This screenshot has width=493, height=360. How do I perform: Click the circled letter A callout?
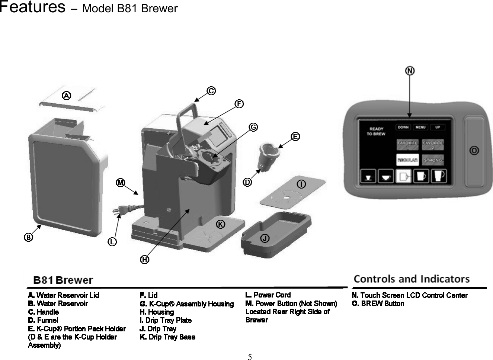pyautogui.click(x=66, y=96)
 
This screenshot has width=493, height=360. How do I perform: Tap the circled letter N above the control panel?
pyautogui.click(x=410, y=71)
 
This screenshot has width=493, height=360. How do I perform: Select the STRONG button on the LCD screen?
pyautogui.click(x=433, y=160)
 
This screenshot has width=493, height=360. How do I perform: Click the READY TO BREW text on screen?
pyautogui.click(x=376, y=131)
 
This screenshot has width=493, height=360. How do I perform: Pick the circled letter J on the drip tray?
pyautogui.click(x=265, y=238)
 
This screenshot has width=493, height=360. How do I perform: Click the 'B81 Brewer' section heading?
pyautogui.click(x=63, y=280)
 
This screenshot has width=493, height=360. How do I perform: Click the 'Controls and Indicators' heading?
pyautogui.click(x=411, y=279)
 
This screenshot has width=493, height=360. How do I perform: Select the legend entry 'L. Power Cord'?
pyautogui.click(x=268, y=295)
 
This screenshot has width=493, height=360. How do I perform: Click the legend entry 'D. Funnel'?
pyautogui.click(x=43, y=320)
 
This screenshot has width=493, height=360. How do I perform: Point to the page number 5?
pyautogui.click(x=250, y=357)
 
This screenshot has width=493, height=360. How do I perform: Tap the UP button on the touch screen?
pyautogui.click(x=438, y=127)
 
